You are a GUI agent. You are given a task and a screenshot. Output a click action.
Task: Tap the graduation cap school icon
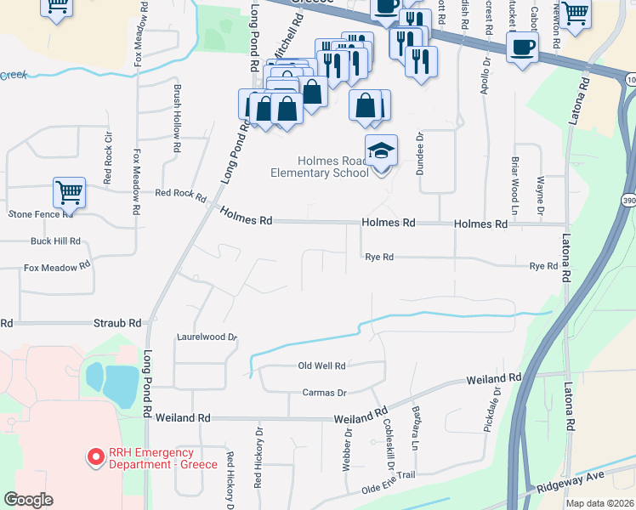(x=381, y=151)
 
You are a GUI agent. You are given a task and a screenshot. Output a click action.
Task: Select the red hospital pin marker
(x=95, y=458)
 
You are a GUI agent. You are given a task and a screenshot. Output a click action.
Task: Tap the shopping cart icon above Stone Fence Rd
(x=68, y=191)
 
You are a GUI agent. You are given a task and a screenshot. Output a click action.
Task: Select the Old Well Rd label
(x=321, y=366)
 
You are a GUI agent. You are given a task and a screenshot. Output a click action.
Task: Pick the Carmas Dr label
(x=325, y=393)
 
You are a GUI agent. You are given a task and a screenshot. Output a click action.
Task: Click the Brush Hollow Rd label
(x=177, y=110)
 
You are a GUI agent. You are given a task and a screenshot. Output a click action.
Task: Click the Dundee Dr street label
(x=419, y=153)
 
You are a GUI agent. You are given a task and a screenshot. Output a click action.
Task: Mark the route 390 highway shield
(x=628, y=200)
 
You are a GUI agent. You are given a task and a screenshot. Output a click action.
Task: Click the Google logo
(x=28, y=500)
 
